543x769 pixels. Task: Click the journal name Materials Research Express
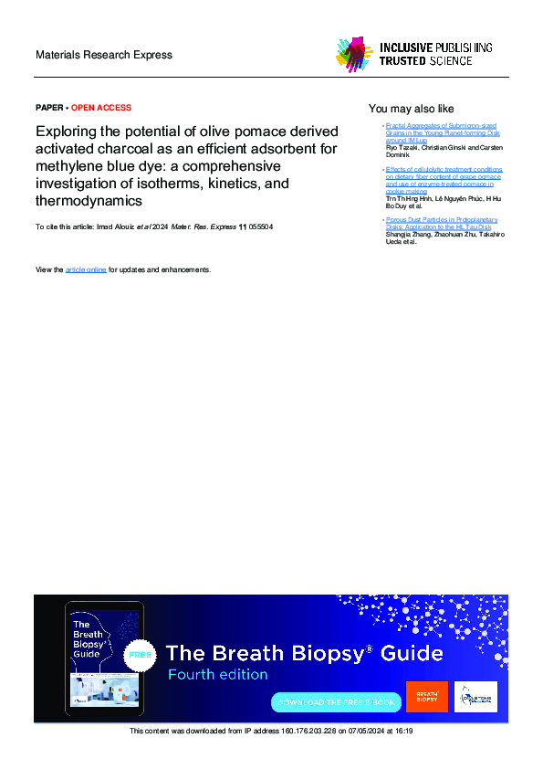tap(103, 55)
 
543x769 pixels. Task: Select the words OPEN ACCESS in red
tap(101, 108)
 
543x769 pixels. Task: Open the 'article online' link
tap(86, 269)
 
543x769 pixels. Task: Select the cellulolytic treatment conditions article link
tap(444, 180)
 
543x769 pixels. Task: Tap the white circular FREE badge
tap(140, 655)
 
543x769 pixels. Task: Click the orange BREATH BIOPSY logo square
tap(427, 696)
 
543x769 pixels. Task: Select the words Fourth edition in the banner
tap(217, 675)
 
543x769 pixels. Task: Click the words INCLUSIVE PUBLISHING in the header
tap(436, 47)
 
